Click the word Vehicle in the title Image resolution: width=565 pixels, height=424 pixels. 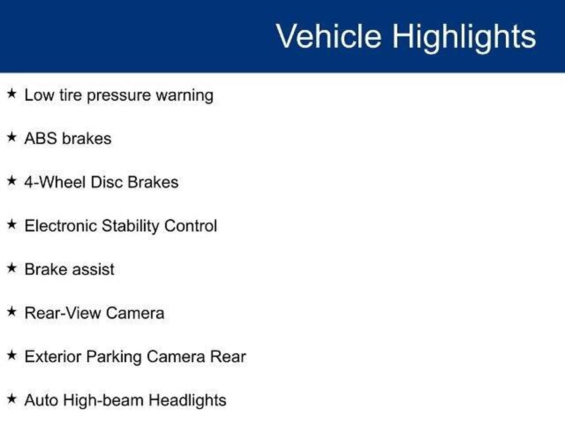pos(329,36)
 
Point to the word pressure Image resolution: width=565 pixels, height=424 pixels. pos(119,96)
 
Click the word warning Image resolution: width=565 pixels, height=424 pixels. pos(185,96)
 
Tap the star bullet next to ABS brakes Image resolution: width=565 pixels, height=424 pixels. pos(12,137)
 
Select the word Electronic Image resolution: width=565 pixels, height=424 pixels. pos(61,226)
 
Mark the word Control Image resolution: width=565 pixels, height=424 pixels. pos(191,226)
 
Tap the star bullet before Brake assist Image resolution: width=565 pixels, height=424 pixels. pos(12,268)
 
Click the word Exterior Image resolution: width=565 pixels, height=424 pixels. pos(53,357)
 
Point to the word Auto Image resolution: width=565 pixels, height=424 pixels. pos(41,400)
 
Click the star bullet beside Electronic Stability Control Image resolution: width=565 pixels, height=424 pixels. pos(12,224)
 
